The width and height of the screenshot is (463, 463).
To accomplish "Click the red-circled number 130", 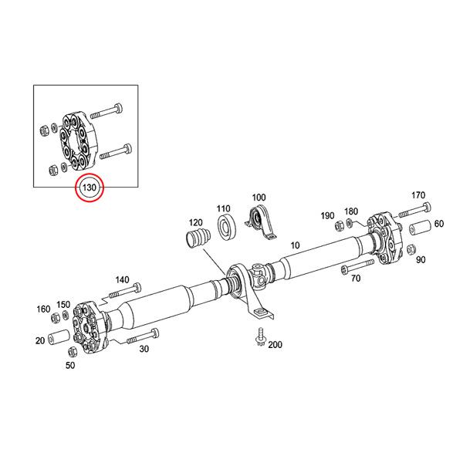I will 89,188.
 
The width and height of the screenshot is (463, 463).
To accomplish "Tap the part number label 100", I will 259,198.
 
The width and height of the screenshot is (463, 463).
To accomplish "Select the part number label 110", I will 224,208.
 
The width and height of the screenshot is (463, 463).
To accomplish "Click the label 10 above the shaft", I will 293,245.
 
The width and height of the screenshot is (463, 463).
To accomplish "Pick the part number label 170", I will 418,194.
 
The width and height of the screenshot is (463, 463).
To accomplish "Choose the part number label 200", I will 275,344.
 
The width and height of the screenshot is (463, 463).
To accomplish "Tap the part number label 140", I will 122,279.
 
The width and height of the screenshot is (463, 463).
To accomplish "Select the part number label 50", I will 70,365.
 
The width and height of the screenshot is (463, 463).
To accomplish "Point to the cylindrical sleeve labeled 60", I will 418,231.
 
